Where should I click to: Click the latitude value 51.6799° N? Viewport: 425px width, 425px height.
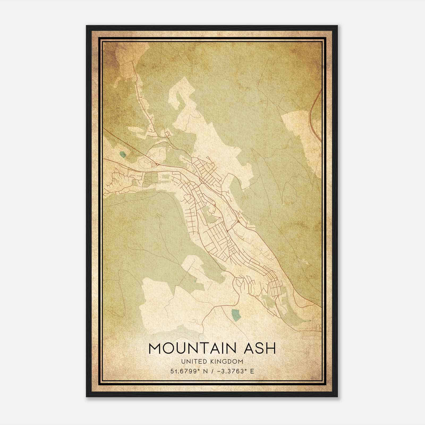point(189,371)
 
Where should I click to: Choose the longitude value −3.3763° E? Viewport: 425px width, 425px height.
point(235,371)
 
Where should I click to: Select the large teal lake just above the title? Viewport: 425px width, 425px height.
point(236,314)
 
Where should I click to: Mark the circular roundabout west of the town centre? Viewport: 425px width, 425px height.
point(158,165)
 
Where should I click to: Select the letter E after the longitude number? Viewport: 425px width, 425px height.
point(252,371)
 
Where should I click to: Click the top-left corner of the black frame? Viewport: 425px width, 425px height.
point(87,26)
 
